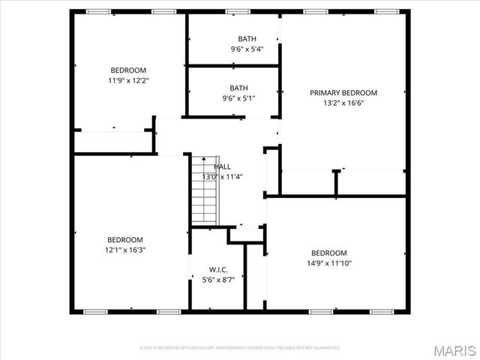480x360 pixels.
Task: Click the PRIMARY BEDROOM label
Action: tap(343, 93)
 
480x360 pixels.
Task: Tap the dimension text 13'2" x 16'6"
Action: tap(343, 103)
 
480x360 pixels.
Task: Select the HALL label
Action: tap(223, 166)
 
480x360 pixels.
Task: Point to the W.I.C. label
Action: tap(218, 269)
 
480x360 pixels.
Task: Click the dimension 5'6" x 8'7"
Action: tap(218, 280)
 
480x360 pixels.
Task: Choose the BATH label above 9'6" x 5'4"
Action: tap(246, 39)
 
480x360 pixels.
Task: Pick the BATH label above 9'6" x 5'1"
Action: tap(238, 87)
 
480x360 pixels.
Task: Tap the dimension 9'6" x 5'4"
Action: tap(246, 49)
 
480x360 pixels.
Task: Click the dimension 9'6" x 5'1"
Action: tap(238, 97)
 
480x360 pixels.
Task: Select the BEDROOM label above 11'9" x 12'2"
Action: tap(128, 70)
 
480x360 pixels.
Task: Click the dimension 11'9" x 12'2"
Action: tap(128, 80)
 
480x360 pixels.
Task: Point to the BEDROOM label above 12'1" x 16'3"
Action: tap(125, 239)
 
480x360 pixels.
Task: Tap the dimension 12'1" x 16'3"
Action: tap(125, 250)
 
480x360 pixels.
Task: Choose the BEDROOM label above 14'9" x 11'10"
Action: tap(328, 253)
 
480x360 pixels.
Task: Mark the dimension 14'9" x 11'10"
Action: tap(328, 263)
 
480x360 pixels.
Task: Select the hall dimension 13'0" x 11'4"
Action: tap(223, 177)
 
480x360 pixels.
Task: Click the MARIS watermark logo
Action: tap(455, 349)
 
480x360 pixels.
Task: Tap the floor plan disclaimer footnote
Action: tap(240, 347)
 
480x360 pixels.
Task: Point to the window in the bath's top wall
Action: tap(238, 11)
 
